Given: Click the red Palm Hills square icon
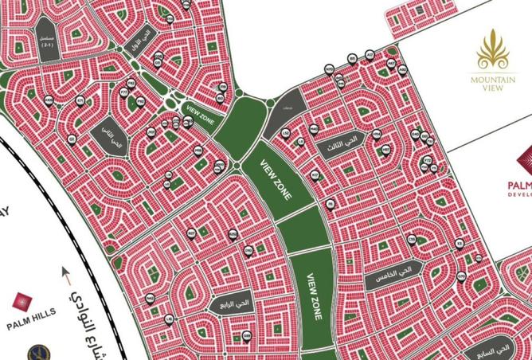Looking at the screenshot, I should tap(22, 303).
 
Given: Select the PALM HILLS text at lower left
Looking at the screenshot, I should tap(29, 324).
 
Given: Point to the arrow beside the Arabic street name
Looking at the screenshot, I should tap(66, 279).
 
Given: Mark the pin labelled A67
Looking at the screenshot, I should tap(391, 63).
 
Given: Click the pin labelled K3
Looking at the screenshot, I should tap(459, 243).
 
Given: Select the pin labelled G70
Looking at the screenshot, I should tap(462, 276).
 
